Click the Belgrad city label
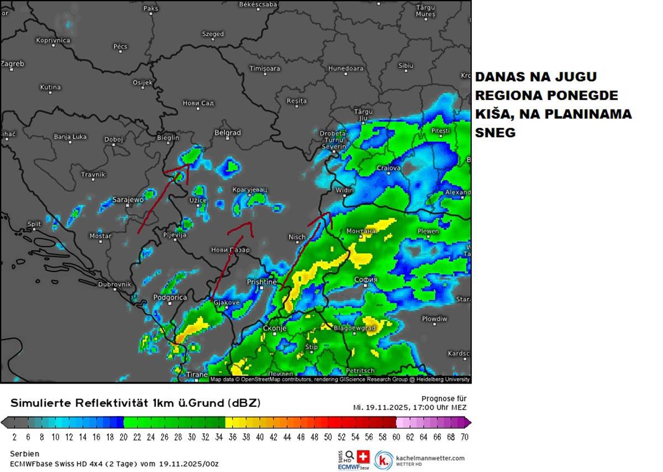coord(228,133)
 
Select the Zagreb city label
coord(12,64)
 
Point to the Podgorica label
coord(170,297)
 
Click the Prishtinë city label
coord(261,281)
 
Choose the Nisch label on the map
coord(297,237)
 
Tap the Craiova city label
coord(388,167)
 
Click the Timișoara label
coord(265,69)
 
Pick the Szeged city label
coord(213,34)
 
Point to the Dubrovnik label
coord(114,284)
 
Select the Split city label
coord(34,224)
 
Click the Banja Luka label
coord(70,136)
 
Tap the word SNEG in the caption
coord(495,133)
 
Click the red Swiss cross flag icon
coord(363,457)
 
